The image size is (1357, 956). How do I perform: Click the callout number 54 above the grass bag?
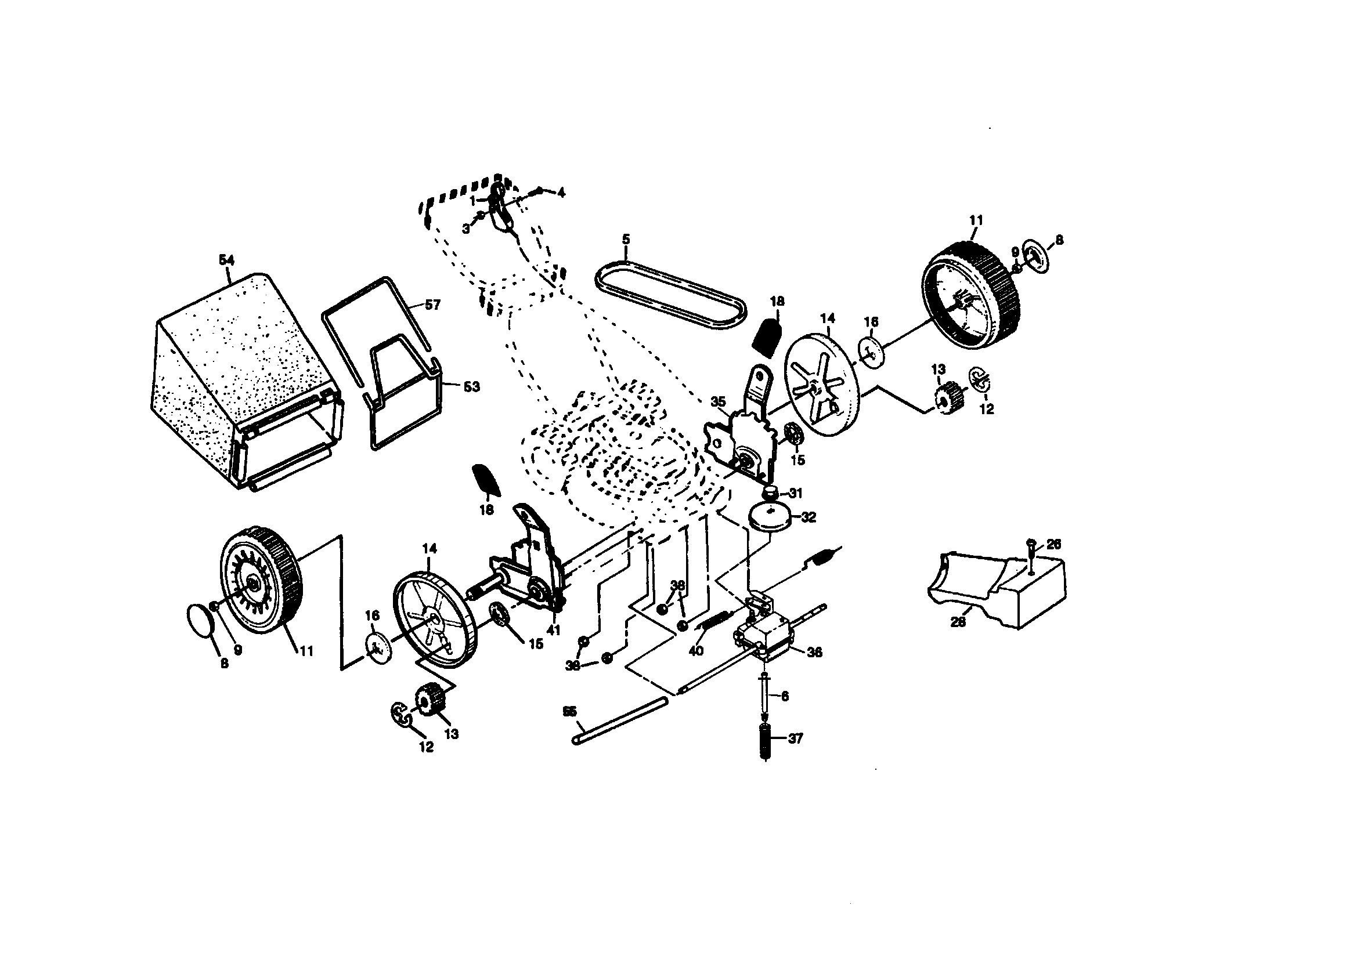click(x=226, y=260)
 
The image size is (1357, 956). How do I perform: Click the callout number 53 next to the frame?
click(x=471, y=387)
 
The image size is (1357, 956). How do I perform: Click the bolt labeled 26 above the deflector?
click(x=1031, y=554)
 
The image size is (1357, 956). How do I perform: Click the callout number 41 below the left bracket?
click(x=553, y=631)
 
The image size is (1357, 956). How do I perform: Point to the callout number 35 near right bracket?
click(x=717, y=402)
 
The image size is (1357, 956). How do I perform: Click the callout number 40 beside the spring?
click(x=696, y=650)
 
